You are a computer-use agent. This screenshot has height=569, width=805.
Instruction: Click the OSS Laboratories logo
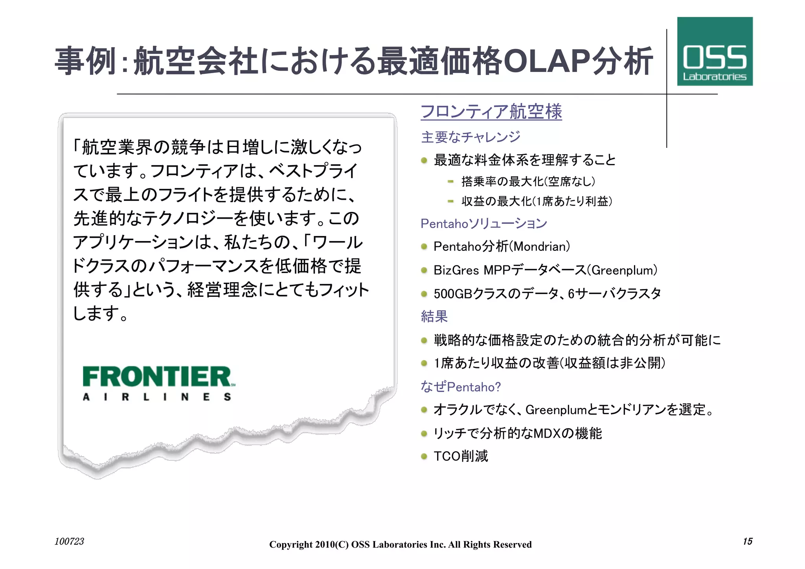coord(715,52)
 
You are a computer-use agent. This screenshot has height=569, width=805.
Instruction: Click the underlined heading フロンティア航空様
coord(491,112)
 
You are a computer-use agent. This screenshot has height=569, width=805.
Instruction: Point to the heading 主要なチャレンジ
coord(471,137)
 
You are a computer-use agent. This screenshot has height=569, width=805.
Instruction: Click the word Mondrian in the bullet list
coord(541,247)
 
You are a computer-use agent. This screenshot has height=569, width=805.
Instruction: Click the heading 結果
coord(434,317)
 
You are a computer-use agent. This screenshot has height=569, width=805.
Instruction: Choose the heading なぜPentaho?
coord(461,387)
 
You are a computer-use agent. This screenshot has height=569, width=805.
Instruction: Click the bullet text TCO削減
coord(461,457)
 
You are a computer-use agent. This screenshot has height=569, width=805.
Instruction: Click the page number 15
coord(747,541)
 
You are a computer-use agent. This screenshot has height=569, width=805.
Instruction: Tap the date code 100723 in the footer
coord(69,541)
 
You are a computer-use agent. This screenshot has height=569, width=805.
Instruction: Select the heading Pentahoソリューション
coord(483,224)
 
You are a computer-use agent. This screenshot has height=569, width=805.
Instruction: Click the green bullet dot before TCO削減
coord(424,457)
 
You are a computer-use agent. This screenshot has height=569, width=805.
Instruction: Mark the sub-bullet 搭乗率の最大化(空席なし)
coord(528,182)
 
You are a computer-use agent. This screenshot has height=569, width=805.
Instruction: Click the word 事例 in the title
coord(85,61)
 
